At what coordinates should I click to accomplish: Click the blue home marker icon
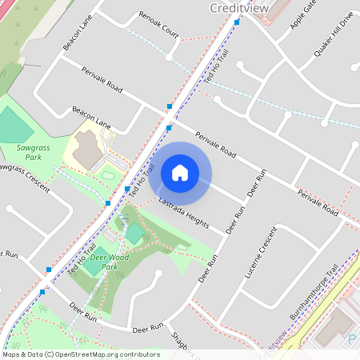tap(180, 172)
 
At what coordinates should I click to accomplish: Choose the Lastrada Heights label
tap(183, 211)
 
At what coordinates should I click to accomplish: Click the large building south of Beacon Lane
tap(89, 147)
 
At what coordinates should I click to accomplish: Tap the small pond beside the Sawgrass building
tap(107, 174)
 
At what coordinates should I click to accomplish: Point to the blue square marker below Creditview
tap(238, 22)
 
